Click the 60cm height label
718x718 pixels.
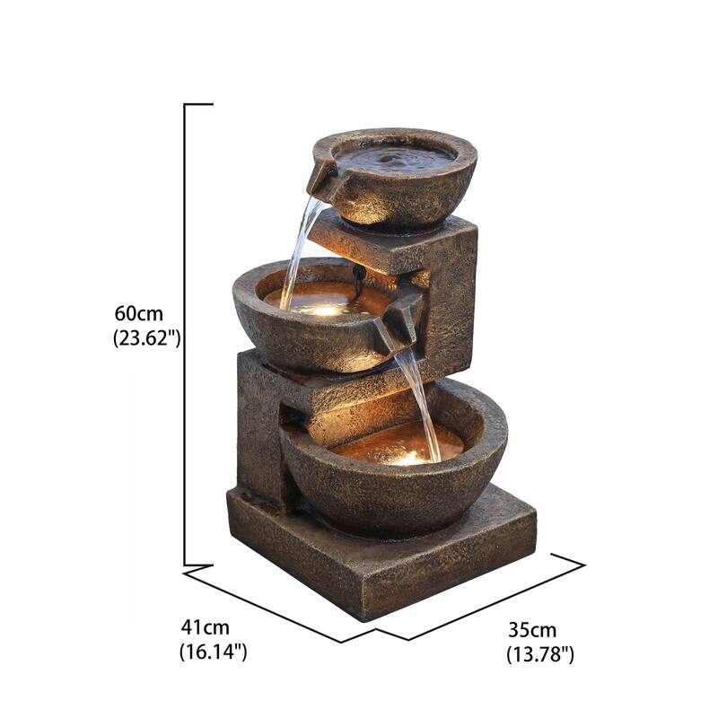tap(138, 314)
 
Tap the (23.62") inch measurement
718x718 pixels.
tap(147, 338)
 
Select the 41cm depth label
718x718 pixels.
tap(204, 627)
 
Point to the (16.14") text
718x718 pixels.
tap(213, 652)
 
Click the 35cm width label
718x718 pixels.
tap(531, 630)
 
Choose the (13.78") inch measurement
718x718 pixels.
tap(539, 654)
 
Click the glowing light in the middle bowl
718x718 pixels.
tap(328, 309)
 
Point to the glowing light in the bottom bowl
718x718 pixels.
tap(408, 457)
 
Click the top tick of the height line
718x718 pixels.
tap(198, 105)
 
